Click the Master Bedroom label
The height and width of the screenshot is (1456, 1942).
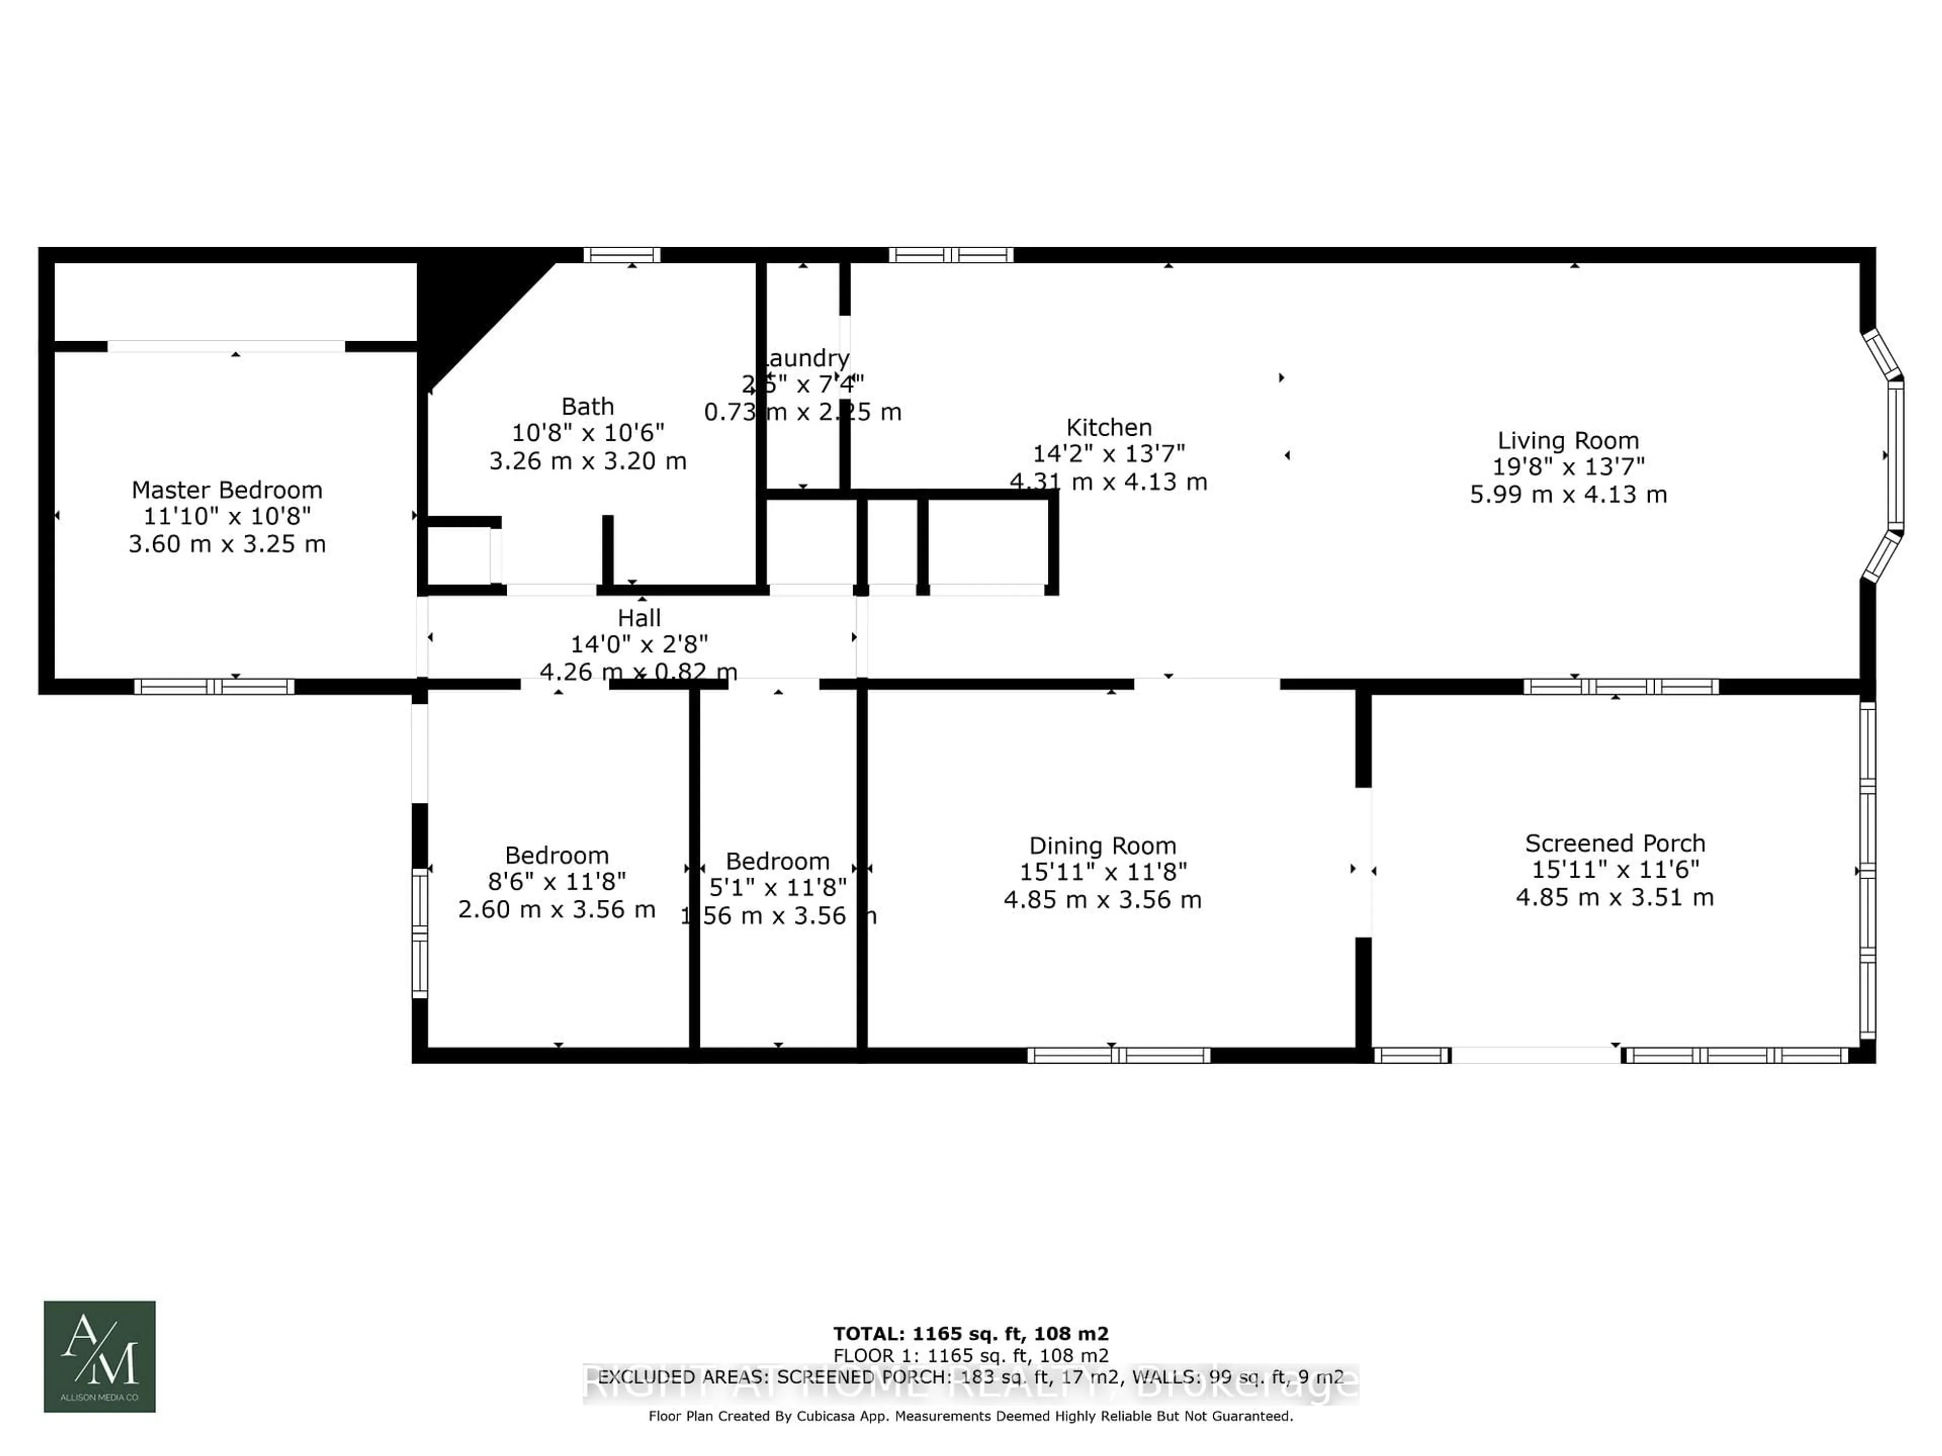[227, 490]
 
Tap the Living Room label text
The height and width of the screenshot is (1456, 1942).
[1568, 440]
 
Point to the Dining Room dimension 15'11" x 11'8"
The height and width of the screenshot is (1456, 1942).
[1102, 872]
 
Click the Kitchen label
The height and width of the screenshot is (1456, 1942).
[1109, 427]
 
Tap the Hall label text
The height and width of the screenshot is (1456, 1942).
[639, 618]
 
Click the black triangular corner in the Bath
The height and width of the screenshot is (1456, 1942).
[465, 307]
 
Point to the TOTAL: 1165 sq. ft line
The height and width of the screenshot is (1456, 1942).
[971, 1334]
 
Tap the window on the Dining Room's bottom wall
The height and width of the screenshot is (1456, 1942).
[1119, 1055]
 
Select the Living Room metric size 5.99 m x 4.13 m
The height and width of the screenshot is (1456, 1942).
[1568, 494]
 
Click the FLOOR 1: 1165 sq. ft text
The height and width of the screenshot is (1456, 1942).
[971, 1356]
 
